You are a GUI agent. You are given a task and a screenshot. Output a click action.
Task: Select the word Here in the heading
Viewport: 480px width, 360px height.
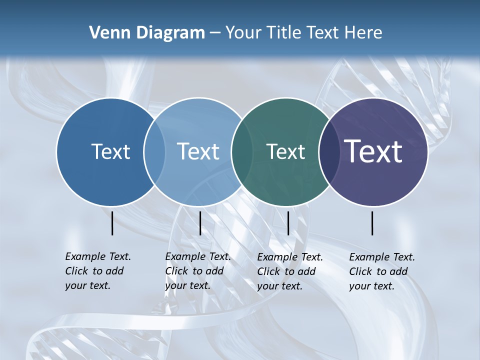363,33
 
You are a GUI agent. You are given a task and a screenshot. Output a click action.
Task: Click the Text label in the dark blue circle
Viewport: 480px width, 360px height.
110,151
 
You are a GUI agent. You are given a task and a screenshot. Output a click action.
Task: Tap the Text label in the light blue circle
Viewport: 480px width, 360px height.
198,151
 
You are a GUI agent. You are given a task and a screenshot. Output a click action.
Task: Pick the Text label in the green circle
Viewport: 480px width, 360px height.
285,151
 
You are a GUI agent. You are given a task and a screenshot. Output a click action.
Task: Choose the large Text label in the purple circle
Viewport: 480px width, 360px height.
373,151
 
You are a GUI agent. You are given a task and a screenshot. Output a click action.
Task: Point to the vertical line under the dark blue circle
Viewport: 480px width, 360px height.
112,223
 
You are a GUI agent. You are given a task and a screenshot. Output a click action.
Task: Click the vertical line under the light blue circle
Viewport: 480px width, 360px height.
200,223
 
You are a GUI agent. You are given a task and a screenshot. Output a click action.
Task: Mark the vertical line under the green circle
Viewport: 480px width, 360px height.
288,223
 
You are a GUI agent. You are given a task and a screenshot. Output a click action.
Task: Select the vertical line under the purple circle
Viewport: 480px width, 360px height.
372,223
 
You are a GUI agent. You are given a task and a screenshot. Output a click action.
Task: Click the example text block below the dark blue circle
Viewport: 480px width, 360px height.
97,271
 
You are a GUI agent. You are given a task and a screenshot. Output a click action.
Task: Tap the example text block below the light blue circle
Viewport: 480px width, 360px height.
197,271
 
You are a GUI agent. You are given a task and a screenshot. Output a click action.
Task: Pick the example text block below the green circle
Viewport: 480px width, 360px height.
289,271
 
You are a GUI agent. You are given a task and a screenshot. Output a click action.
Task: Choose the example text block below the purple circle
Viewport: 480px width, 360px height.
381,271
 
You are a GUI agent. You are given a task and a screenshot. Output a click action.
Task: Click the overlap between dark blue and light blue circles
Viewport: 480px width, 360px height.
154,152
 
